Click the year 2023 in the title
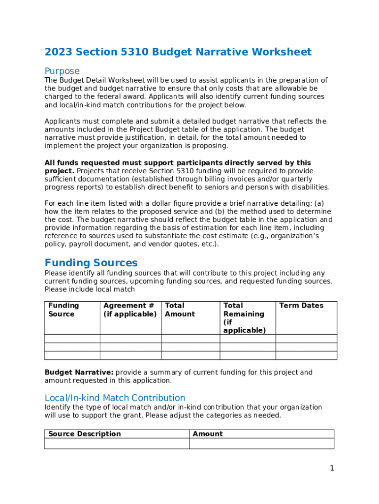(58, 52)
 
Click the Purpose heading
(62, 71)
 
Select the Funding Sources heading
(91, 263)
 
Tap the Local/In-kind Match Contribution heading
(115, 398)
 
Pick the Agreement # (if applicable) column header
(130, 310)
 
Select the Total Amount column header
(180, 310)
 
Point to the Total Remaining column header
(244, 318)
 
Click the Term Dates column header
(301, 306)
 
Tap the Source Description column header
(84, 434)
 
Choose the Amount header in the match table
(208, 434)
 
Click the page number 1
(332, 468)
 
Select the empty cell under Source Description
(117, 443)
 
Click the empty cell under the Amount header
(261, 443)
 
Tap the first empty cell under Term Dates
(306, 339)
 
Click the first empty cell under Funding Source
(72, 339)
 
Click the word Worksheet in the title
(281, 52)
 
